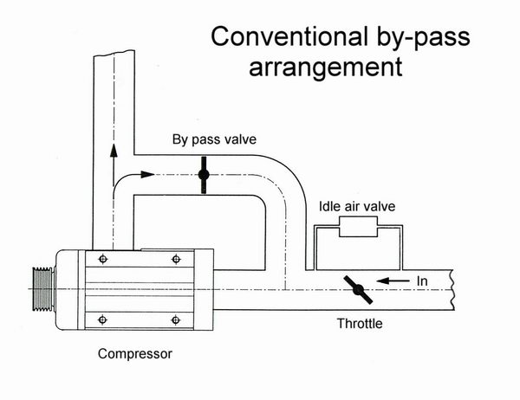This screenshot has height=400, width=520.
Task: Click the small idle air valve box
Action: [355, 229]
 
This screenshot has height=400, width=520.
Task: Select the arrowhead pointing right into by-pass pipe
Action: [150, 176]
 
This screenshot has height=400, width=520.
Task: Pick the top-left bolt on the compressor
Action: [104, 259]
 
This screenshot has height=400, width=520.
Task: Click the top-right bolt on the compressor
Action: [178, 259]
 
